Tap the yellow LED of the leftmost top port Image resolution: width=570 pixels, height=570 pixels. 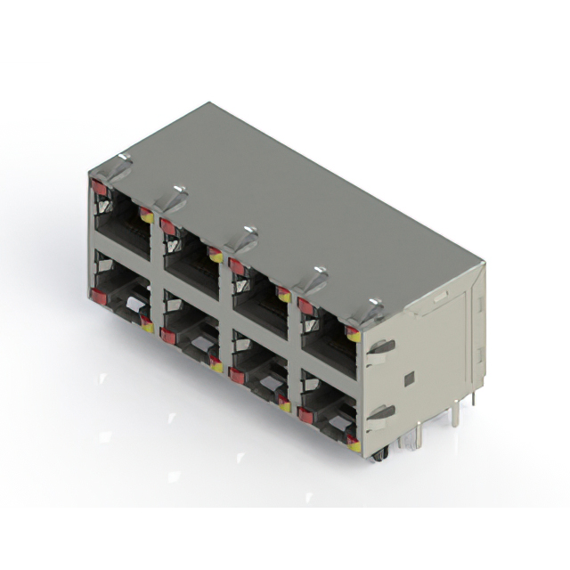point(146,215)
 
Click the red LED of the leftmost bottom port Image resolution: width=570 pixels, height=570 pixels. point(96,293)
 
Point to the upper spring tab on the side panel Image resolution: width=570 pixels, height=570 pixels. point(380,347)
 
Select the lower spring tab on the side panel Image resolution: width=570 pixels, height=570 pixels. point(380,412)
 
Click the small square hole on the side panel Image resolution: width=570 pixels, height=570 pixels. point(409,379)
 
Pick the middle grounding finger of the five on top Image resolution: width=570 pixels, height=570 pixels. point(241,237)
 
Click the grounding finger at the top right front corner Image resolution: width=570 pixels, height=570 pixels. point(370,311)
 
